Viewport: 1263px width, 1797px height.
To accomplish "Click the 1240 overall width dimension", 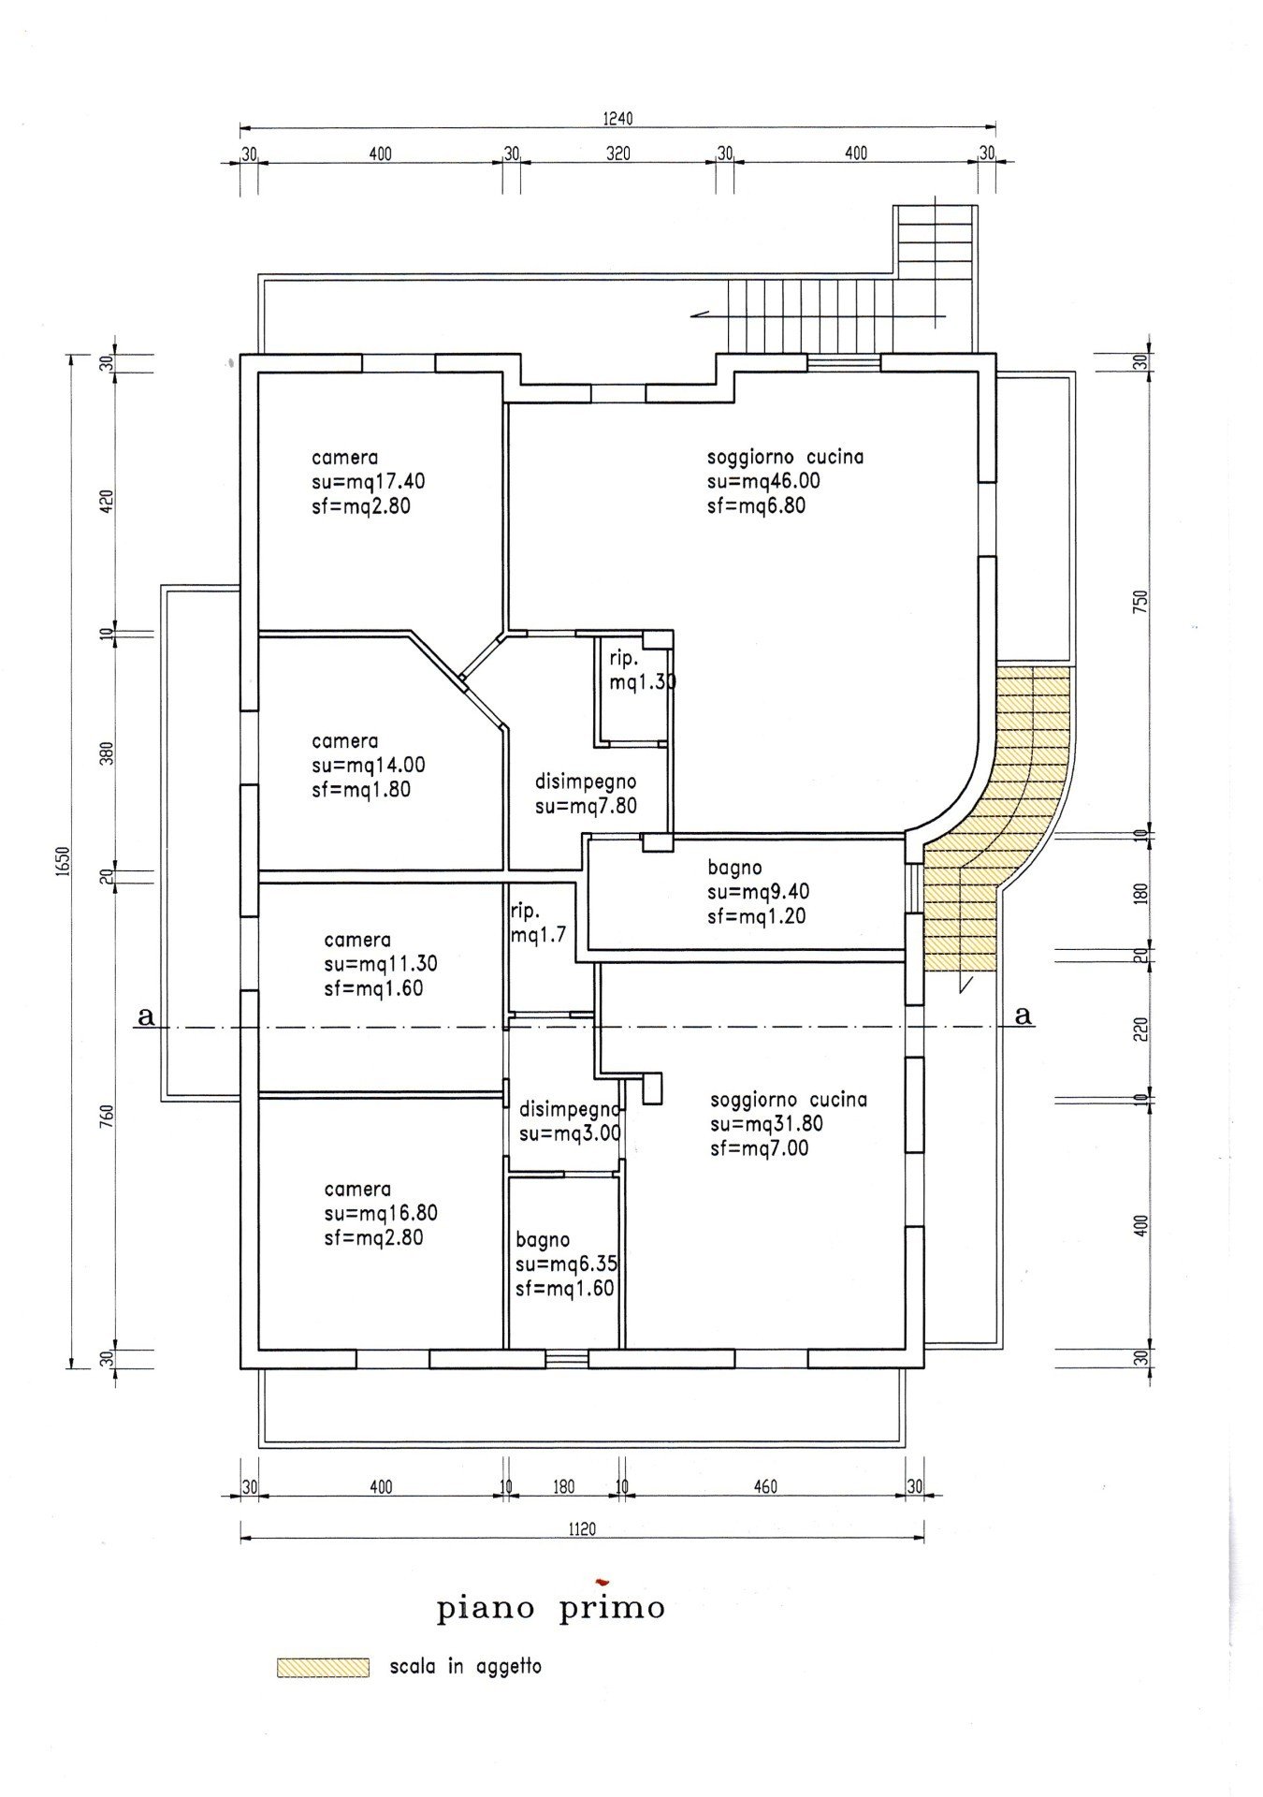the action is [x=617, y=119].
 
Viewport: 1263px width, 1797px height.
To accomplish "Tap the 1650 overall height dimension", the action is [x=62, y=860].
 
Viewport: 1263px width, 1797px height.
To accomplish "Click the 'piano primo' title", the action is [x=551, y=1608].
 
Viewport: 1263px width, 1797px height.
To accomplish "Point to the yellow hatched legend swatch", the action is [x=323, y=1667].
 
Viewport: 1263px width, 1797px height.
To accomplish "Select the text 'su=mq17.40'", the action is [x=369, y=482].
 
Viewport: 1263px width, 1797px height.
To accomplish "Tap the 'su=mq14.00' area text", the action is [x=369, y=766].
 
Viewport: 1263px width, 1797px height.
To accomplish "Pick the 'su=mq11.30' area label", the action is [x=381, y=964].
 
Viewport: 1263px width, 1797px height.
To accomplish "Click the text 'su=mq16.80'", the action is [x=381, y=1213].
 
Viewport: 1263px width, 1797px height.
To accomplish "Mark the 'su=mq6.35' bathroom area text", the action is [x=567, y=1264].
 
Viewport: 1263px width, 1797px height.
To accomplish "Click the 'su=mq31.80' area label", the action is [x=766, y=1124].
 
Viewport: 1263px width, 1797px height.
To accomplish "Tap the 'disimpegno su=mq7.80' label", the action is [x=586, y=794].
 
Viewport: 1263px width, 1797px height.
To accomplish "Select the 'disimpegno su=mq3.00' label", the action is [x=570, y=1121].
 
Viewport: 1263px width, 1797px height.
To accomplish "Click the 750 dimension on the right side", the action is [x=1140, y=600].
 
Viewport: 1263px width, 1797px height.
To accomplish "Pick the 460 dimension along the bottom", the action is [x=765, y=1486].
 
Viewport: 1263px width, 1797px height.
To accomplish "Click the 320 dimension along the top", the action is [x=618, y=153].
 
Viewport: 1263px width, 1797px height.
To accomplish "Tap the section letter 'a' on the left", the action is [x=145, y=1015].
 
